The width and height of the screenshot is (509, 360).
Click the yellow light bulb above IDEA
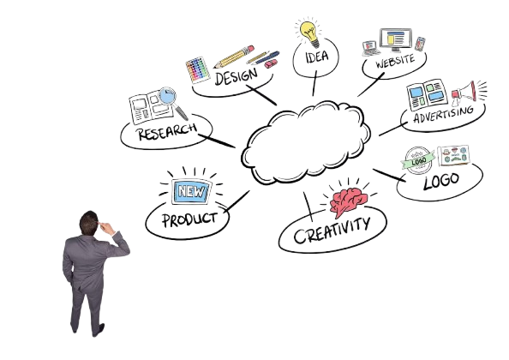[309, 33]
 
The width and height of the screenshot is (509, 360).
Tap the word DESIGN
[236, 76]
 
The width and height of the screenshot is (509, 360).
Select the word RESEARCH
[167, 131]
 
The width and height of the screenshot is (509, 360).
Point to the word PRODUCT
[189, 219]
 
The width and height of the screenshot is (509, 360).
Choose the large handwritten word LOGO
[441, 181]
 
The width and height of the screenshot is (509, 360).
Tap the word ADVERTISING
[444, 114]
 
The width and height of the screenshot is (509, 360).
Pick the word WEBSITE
[395, 61]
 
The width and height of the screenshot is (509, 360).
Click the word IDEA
[317, 57]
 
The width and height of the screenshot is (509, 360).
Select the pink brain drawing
[348, 201]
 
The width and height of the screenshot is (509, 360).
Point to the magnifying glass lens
[167, 95]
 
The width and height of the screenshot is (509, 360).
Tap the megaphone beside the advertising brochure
[464, 93]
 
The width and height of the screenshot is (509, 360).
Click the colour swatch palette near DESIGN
[198, 69]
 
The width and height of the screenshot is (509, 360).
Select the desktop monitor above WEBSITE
[396, 39]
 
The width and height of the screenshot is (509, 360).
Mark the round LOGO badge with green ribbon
[418, 160]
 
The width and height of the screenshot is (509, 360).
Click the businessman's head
[88, 223]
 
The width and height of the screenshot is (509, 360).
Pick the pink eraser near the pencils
[271, 63]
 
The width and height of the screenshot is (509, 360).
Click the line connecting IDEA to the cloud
[314, 83]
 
